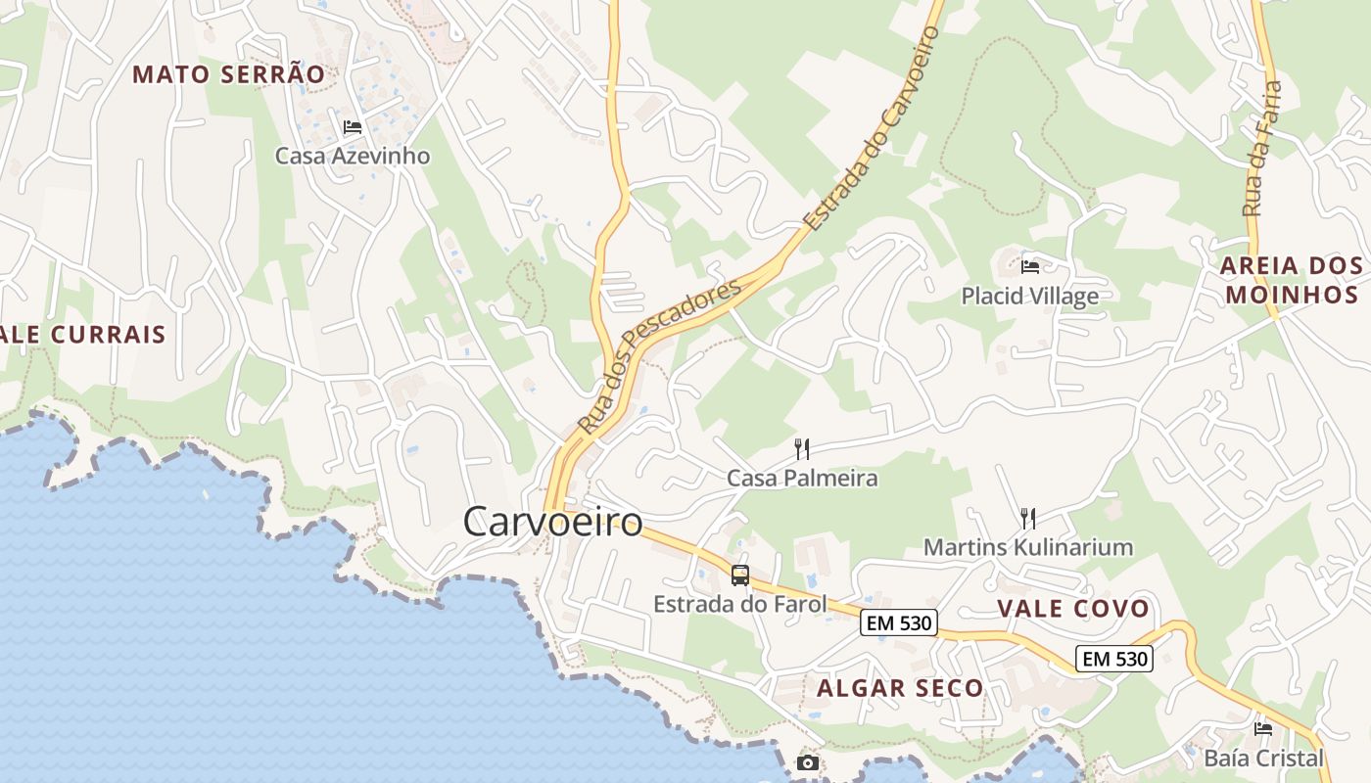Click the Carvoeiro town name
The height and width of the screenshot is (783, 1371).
coord(552,522)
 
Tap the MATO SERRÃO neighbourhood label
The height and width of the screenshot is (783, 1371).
coord(228,74)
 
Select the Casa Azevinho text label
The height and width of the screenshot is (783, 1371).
coord(352,156)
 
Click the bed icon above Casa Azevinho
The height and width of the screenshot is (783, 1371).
coord(353,127)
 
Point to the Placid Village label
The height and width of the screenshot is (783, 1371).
coord(1029,296)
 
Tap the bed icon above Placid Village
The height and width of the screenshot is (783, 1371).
coord(1030,265)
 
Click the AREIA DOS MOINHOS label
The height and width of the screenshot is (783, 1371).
coord(1292,280)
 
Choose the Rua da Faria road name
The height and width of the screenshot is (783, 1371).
coord(1261,149)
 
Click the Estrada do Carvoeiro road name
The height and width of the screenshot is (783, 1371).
coord(872,128)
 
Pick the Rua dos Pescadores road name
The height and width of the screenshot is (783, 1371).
coord(658,357)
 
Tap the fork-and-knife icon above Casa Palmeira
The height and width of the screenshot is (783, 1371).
coord(802,449)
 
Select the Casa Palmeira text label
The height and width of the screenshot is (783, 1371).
coord(802,479)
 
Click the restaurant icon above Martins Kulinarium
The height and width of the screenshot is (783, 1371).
coord(1028,518)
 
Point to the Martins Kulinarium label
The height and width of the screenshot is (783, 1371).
coord(1028,547)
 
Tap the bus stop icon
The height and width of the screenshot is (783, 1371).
coord(740,576)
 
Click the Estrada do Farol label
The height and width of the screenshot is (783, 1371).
coord(740,604)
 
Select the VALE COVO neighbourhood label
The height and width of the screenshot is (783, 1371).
coord(1073,609)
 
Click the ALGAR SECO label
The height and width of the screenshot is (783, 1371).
coord(900,688)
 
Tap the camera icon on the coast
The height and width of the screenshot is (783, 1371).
coord(808,762)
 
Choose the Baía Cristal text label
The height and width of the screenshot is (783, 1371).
coord(1263,758)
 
